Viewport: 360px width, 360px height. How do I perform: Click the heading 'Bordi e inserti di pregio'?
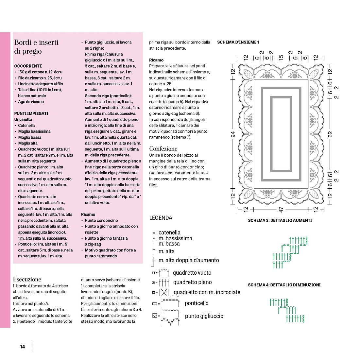(x=36, y=47)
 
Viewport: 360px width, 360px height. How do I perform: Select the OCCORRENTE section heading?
(x=28, y=66)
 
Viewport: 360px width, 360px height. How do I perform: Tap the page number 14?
(x=22, y=347)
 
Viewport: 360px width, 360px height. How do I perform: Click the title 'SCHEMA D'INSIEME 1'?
(x=238, y=42)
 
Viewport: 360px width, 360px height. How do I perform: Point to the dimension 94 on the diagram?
(x=233, y=134)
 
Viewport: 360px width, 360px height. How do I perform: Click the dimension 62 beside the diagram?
(x=330, y=134)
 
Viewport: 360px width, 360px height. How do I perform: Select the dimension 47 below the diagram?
(x=281, y=209)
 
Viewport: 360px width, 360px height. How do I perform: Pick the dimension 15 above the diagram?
(x=281, y=58)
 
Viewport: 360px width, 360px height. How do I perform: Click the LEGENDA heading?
(x=161, y=218)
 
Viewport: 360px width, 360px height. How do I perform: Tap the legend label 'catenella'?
(x=169, y=232)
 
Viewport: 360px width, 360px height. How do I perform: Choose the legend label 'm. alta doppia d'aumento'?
(x=189, y=260)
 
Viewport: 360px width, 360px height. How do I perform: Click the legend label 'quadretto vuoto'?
(x=192, y=273)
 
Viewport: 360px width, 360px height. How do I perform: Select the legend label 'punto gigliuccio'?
(x=204, y=316)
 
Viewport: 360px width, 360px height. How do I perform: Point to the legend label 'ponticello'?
(x=197, y=303)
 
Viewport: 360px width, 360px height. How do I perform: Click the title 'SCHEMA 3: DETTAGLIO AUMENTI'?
(x=280, y=220)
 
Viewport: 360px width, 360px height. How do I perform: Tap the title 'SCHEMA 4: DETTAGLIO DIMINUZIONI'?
(x=284, y=285)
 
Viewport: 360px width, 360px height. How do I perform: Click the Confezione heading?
(x=163, y=149)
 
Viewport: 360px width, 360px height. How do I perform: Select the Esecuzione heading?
(x=27, y=279)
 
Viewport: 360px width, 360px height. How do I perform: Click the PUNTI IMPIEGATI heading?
(x=31, y=113)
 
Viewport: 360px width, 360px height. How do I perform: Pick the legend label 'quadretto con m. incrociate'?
(x=207, y=292)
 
